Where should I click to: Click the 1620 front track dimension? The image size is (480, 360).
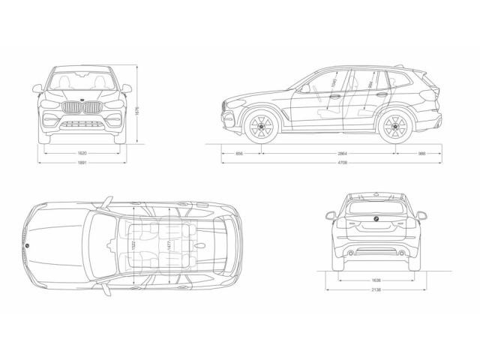pos(82,152)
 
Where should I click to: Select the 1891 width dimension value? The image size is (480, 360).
pos(82,162)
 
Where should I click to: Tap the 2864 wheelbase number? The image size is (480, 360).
pos(328,152)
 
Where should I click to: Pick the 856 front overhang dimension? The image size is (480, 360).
pos(239,152)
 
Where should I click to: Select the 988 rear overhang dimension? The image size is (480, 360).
pos(421,152)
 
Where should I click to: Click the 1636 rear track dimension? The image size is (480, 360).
pos(376,280)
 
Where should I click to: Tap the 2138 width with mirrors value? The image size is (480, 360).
pos(376,289)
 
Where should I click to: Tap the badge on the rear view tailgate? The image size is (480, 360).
pos(375,218)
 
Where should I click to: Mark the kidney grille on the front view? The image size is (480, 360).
pos(82,108)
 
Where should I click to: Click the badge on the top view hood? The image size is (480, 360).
pos(26,245)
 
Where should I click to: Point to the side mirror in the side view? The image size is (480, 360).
pos(304,88)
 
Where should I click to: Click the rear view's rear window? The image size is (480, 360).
pos(375,205)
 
